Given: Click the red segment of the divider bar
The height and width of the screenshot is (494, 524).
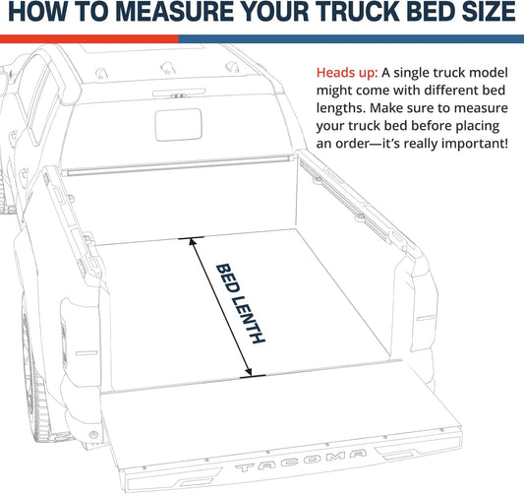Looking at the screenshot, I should click(88, 38).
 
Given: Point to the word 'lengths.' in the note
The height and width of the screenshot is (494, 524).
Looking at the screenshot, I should click(344, 108).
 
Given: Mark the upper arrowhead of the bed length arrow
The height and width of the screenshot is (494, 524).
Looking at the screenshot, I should click(197, 241).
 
